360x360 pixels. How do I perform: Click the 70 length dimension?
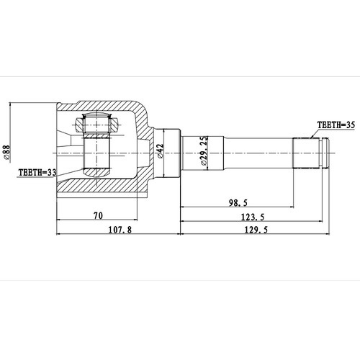point(99,214)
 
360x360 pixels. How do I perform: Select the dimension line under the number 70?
point(99,221)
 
